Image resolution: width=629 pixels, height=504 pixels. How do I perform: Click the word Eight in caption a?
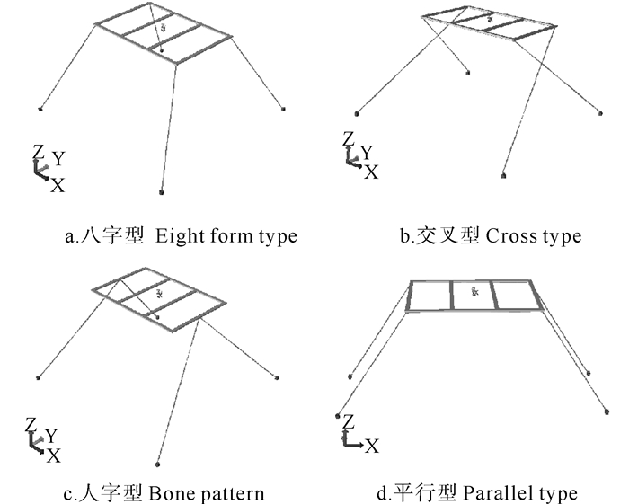[176, 237]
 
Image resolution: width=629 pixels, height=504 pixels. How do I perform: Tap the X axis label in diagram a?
[58, 185]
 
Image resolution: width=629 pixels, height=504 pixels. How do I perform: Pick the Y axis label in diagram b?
[367, 152]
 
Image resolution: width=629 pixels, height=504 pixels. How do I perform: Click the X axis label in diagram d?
[371, 445]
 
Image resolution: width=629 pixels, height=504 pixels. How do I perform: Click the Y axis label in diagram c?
[52, 435]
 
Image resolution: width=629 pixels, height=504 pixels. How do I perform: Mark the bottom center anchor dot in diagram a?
[161, 191]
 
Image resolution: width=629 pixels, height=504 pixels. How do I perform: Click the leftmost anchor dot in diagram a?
[41, 110]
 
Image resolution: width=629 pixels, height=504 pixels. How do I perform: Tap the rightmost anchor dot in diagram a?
[285, 109]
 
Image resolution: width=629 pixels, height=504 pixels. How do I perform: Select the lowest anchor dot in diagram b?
[504, 176]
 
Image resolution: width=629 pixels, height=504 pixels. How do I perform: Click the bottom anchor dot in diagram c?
[159, 464]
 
